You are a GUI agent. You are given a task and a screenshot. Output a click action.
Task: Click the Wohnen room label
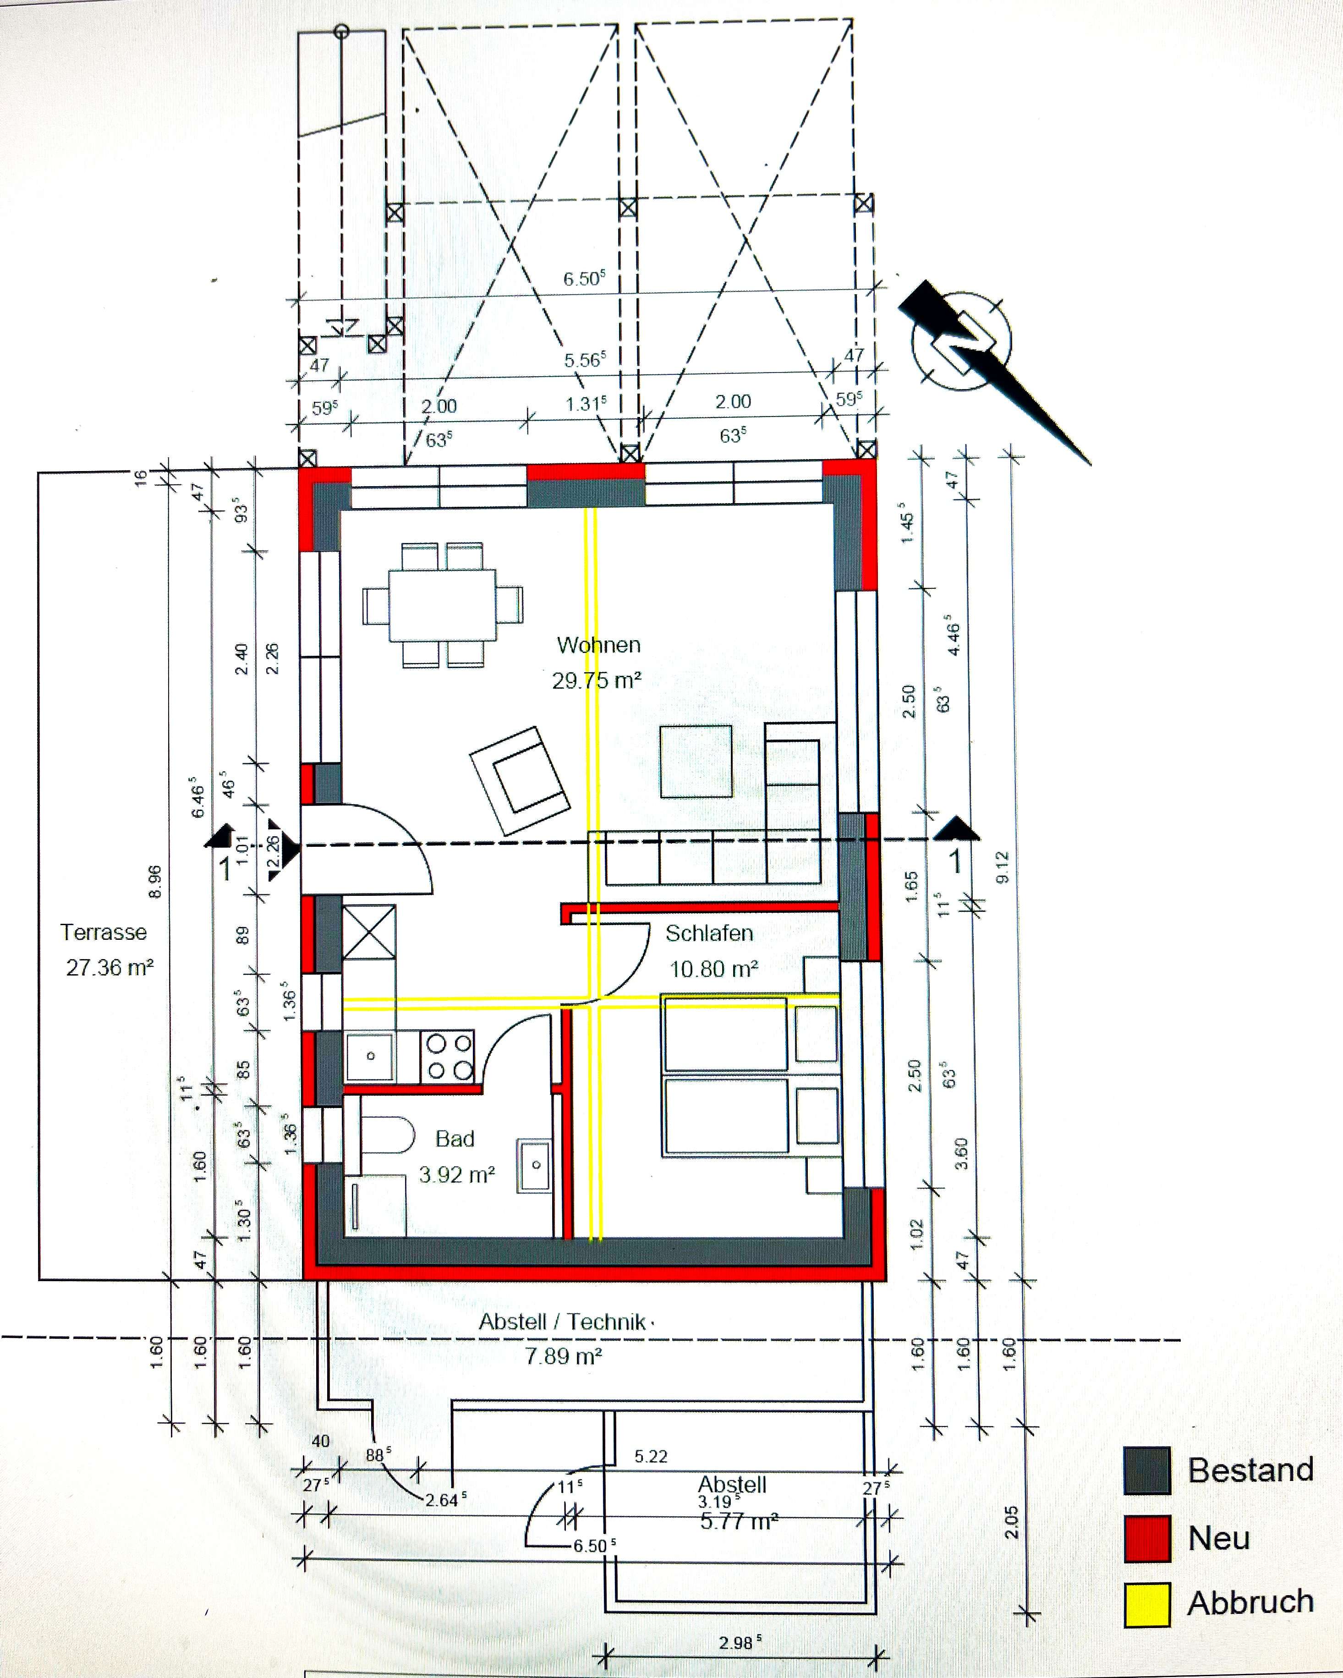[x=598, y=645]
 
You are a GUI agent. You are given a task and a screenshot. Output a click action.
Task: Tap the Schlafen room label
[x=709, y=933]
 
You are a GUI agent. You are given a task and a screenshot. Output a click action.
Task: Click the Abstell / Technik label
[x=563, y=1322]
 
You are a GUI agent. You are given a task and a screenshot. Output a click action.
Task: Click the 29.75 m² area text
[x=597, y=681]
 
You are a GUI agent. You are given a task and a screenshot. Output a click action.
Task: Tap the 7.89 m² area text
[x=563, y=1357]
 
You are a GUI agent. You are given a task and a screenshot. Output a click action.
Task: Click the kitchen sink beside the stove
[x=370, y=1056]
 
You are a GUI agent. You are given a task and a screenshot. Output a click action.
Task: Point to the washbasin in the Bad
[x=535, y=1165]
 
